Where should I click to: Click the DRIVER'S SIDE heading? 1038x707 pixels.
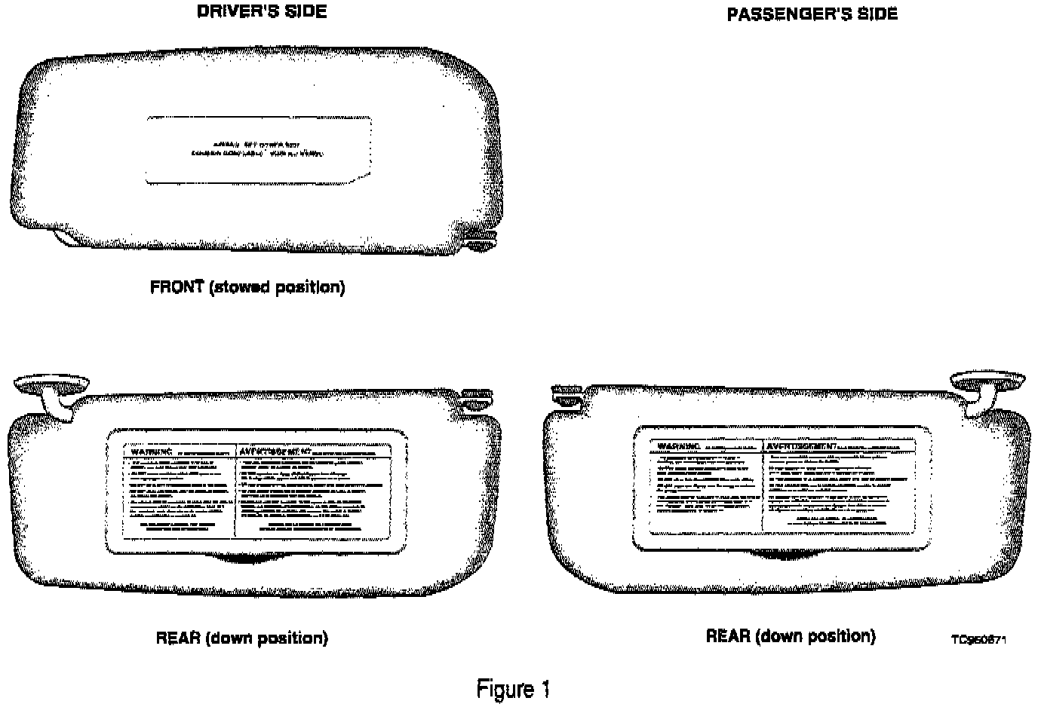[x=262, y=12]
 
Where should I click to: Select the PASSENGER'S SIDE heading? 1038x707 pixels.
[x=812, y=14]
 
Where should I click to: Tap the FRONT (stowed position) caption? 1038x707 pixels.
[x=247, y=287]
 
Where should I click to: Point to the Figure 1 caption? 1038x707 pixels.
[x=513, y=689]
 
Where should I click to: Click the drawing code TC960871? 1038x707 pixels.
[x=978, y=640]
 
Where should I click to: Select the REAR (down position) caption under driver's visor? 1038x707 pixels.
[x=241, y=638]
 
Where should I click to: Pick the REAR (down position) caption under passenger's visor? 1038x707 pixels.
[x=791, y=636]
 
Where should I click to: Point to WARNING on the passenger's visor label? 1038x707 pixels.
[x=674, y=446]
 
